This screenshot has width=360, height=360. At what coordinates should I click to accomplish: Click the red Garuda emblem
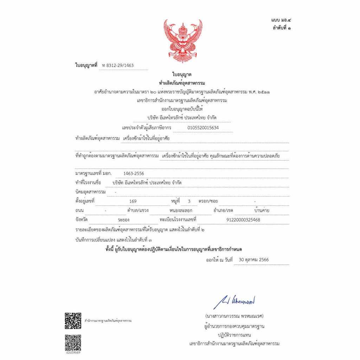click(183, 41)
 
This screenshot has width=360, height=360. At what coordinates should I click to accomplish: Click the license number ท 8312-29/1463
click(117, 65)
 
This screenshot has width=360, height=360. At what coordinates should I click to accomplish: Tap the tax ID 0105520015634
click(203, 128)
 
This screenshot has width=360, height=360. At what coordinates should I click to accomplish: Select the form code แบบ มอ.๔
click(281, 21)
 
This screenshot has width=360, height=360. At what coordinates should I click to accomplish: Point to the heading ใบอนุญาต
click(182, 75)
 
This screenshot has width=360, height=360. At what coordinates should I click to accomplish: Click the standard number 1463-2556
click(134, 173)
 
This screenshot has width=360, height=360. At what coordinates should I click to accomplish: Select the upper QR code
click(73, 320)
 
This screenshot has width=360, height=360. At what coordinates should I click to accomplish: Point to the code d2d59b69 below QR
click(73, 352)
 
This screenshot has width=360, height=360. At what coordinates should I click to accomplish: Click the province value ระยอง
click(124, 220)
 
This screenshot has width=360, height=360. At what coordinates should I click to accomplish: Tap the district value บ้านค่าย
click(262, 211)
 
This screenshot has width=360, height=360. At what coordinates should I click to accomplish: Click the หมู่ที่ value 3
click(189, 201)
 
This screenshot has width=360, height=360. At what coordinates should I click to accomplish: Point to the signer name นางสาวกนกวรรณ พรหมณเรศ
click(234, 315)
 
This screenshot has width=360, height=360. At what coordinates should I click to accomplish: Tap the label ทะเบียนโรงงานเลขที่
click(177, 219)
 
